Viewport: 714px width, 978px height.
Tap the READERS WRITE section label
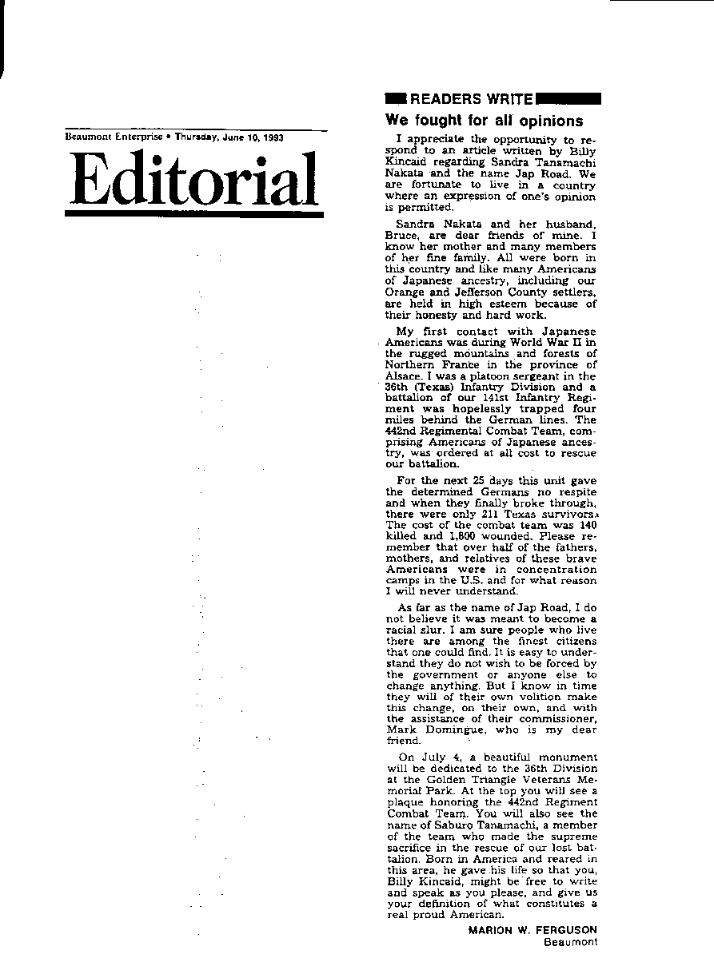click(471, 99)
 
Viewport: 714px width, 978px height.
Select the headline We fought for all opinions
click(484, 121)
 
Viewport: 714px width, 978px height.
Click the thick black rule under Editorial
click(193, 214)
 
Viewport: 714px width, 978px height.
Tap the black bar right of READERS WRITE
click(568, 99)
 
